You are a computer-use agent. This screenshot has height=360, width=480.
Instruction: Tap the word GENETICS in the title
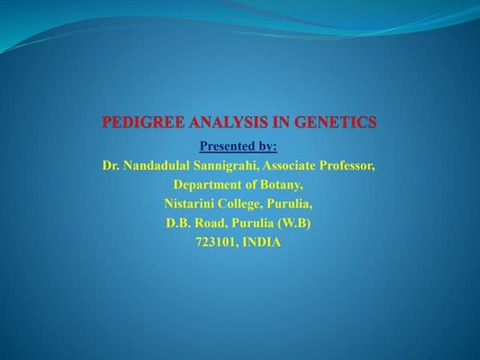[x=335, y=123]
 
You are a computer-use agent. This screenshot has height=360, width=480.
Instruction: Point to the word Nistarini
[x=191, y=204]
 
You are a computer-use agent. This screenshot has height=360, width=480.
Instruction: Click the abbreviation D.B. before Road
[x=179, y=224]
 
